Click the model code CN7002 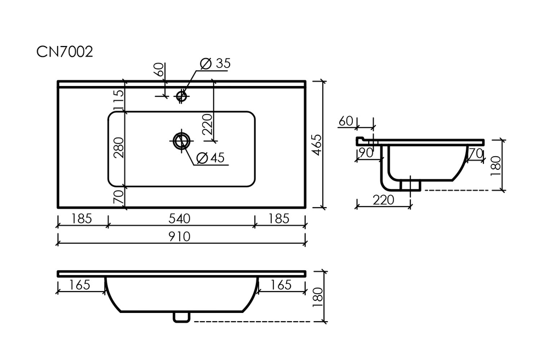coord(65,52)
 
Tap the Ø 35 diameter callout coord(215,64)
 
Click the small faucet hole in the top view coord(181,96)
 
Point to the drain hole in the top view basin coord(181,140)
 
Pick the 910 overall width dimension coord(181,237)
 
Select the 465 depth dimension coord(317,144)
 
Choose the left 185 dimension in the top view coord(82,219)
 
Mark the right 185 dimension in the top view coord(278,219)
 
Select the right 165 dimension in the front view coord(279,285)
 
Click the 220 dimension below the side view coord(383,200)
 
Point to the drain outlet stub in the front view coord(181,316)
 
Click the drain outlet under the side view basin coord(410,185)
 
